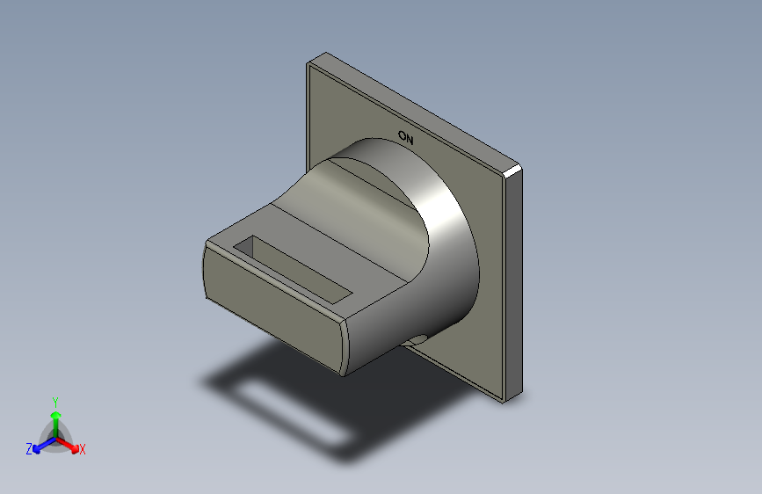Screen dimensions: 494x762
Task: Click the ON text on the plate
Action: pos(406,137)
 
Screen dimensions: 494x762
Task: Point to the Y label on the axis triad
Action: pos(54,400)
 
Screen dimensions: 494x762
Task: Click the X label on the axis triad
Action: pos(83,449)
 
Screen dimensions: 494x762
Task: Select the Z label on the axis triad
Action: pos(29,448)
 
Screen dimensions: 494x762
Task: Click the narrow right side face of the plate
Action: pos(514,281)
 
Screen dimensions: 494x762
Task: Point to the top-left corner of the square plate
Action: pos(308,63)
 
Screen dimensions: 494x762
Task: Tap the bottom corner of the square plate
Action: pos(504,400)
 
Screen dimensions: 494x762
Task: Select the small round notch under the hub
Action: pos(417,339)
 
